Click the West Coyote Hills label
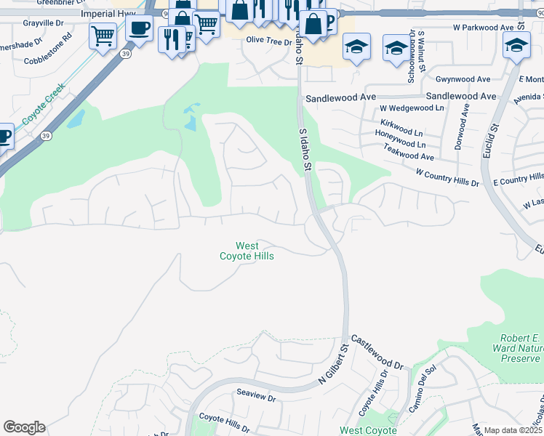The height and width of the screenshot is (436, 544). coord(247,251)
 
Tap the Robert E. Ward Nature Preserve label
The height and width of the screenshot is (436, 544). coord(520,349)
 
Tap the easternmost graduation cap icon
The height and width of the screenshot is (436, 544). coord(516,45)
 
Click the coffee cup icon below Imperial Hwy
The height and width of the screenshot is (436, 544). coord(139,28)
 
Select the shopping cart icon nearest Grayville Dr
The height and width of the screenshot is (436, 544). coord(103,34)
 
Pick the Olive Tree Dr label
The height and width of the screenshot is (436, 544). coord(268,41)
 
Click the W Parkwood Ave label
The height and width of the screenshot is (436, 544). coord(483,28)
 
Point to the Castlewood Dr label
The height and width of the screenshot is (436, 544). coord(377,352)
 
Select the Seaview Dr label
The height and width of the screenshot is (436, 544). coord(256,399)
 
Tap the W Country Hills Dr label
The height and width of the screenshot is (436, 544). coord(447,178)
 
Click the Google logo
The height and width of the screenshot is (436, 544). coord(24,427)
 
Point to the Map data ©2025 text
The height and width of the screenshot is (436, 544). coord(512,430)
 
